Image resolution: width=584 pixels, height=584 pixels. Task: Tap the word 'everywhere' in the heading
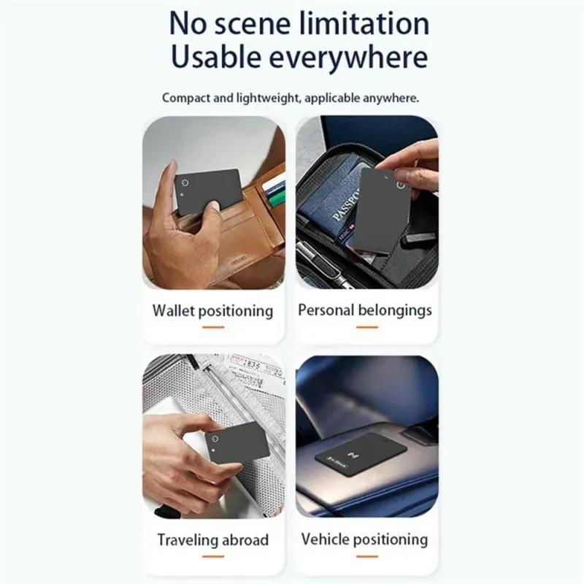click(x=348, y=57)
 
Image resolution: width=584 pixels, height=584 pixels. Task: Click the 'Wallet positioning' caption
click(x=212, y=311)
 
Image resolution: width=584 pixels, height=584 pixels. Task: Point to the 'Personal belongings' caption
click(x=365, y=310)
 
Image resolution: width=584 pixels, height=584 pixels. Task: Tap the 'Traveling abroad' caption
click(x=212, y=539)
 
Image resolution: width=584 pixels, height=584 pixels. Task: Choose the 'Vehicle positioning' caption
click(x=364, y=539)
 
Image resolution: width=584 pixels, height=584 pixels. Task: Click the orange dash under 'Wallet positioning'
click(x=213, y=327)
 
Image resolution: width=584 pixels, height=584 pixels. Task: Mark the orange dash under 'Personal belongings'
click(x=367, y=327)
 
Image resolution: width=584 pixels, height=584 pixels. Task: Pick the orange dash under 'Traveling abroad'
click(x=213, y=556)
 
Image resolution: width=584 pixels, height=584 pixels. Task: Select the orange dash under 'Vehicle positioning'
click(x=367, y=556)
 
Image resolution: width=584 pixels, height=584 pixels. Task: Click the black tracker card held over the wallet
click(x=209, y=191)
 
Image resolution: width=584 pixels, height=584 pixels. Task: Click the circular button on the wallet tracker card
click(x=185, y=182)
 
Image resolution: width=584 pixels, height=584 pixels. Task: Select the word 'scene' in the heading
click(x=253, y=24)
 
